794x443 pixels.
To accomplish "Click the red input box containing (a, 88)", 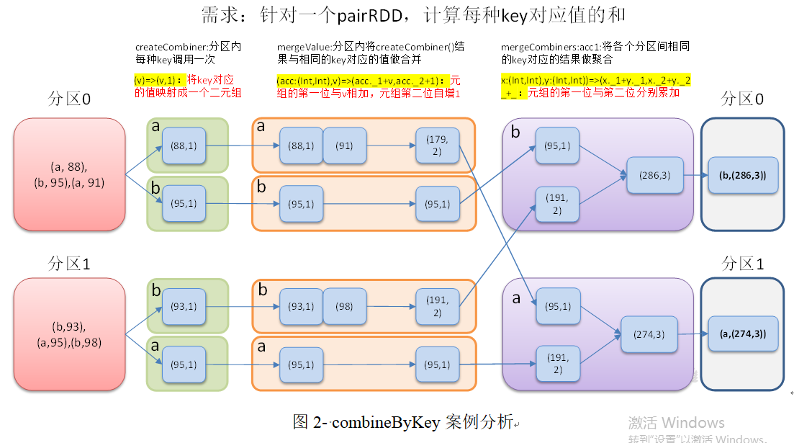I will [x=69, y=174].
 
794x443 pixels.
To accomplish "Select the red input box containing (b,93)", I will [x=69, y=334].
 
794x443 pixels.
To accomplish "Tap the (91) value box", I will [x=345, y=146].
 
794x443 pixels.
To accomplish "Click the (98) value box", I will [x=345, y=306].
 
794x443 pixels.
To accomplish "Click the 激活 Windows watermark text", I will [x=676, y=423].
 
